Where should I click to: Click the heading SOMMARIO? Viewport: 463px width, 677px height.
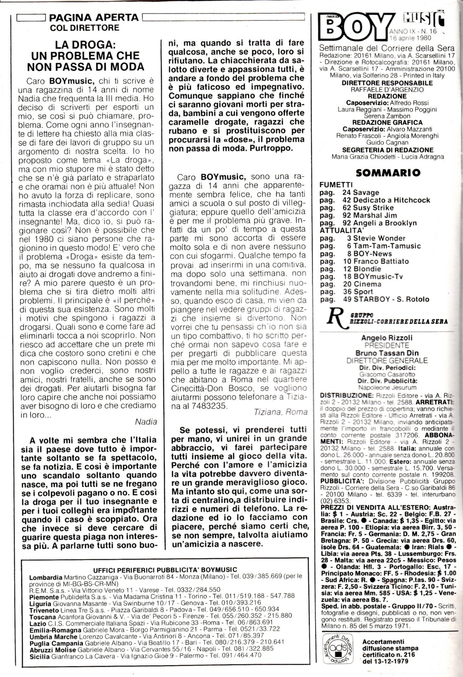[x=388, y=172]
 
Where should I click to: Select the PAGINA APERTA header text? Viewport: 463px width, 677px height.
[x=94, y=18]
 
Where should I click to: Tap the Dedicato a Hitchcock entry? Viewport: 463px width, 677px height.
[x=386, y=200]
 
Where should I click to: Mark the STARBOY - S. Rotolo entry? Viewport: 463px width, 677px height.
[x=385, y=299]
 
